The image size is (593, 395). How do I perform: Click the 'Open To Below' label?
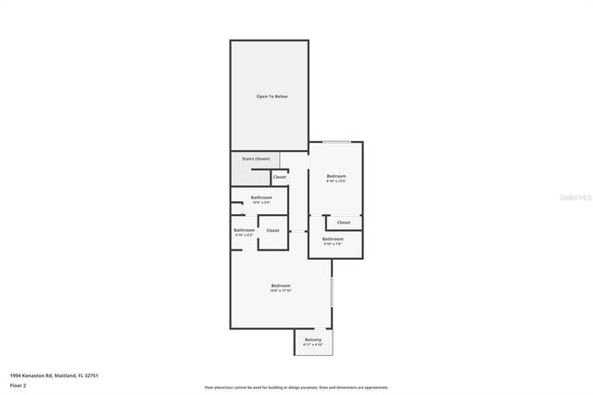[x=269, y=96]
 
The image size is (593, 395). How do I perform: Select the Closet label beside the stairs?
[x=279, y=176]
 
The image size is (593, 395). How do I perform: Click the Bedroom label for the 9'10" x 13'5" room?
[x=335, y=176]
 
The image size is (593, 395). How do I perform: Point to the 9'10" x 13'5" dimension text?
[x=335, y=182]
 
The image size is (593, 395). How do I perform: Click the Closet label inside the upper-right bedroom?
[x=344, y=223]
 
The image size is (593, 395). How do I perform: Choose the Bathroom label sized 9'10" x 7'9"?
[x=333, y=239]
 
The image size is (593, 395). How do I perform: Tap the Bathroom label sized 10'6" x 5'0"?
[x=261, y=197]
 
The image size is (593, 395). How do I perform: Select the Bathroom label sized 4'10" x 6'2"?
[x=244, y=230]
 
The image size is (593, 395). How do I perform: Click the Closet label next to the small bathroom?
[x=272, y=230]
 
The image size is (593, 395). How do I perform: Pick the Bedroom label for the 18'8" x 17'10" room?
[x=281, y=285]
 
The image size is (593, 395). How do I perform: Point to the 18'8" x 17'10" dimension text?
[x=281, y=290]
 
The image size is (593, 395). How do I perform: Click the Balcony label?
[x=313, y=339]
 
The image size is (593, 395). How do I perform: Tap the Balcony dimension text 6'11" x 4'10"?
[x=313, y=345]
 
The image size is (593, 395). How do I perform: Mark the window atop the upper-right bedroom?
[x=335, y=142]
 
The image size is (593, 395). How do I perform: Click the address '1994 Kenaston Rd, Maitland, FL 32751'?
[x=54, y=376]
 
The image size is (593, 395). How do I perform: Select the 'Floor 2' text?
[x=18, y=384]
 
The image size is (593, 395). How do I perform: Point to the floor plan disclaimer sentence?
[x=296, y=388]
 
